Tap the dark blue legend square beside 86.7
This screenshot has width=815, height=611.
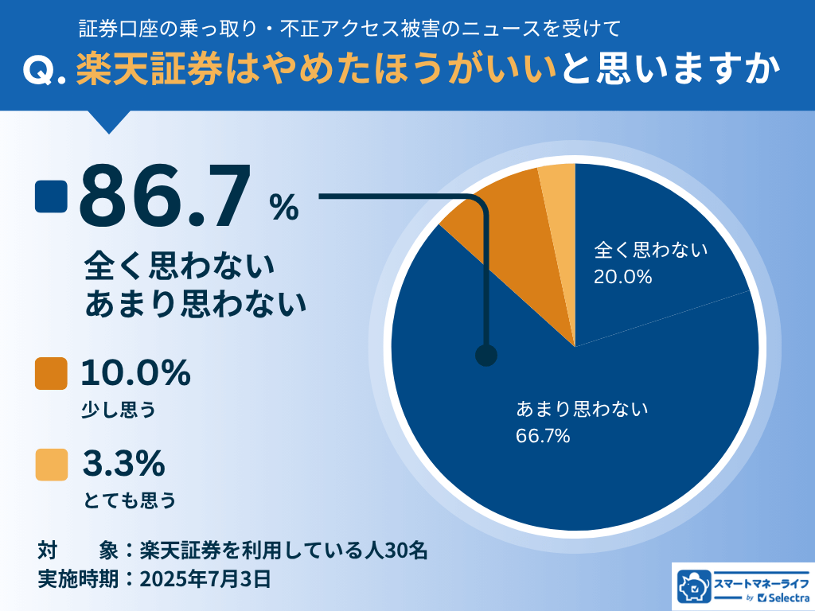52,197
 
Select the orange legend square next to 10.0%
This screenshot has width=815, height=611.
52,374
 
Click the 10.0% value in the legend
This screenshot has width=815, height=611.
135,372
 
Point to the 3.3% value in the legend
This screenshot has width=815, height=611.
123,462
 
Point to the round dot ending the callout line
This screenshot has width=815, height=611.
485,356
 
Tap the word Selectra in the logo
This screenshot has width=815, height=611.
783,597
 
